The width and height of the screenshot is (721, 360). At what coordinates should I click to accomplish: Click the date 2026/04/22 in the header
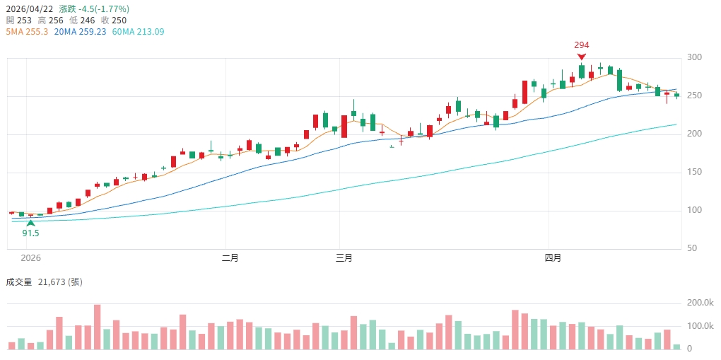click(28, 9)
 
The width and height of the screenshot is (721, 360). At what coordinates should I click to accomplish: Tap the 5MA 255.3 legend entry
click(26, 32)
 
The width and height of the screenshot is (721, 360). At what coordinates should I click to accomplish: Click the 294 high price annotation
click(581, 45)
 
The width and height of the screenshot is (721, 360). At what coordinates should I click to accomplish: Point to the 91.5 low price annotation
click(30, 233)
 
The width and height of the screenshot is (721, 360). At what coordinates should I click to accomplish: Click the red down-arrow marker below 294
click(581, 57)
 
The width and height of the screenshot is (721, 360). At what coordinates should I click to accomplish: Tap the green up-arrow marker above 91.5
click(30, 223)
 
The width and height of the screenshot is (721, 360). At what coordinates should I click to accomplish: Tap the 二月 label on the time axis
click(230, 258)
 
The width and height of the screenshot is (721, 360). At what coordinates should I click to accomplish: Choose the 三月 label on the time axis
click(344, 258)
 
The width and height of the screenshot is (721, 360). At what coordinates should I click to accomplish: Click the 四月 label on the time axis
click(553, 258)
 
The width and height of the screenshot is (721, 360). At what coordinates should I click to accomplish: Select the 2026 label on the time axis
click(31, 258)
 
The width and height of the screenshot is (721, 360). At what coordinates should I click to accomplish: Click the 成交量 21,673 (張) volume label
click(44, 282)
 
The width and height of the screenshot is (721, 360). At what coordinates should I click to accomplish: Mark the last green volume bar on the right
click(676, 347)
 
